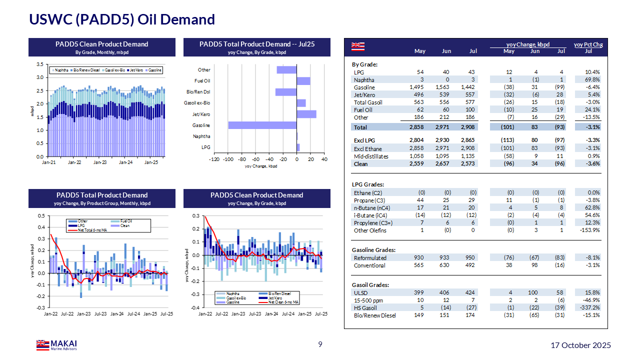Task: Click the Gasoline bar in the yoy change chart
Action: (x=262, y=125)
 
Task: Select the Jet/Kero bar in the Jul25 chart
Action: (x=306, y=114)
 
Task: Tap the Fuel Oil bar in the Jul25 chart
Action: (x=303, y=81)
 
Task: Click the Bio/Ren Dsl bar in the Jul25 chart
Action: (x=286, y=92)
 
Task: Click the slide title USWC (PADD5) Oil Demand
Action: (x=122, y=19)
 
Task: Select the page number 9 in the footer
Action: (x=320, y=344)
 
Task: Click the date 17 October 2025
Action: (x=580, y=345)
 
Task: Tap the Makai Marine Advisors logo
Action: (x=56, y=345)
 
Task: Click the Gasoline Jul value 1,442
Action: (x=469, y=87)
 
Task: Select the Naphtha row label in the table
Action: (x=364, y=80)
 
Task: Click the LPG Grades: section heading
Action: (x=368, y=185)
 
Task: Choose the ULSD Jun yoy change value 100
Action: (x=534, y=292)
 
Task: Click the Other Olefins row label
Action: (x=370, y=230)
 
